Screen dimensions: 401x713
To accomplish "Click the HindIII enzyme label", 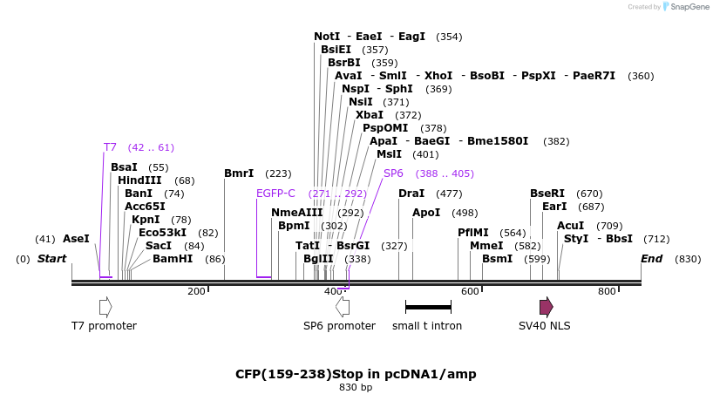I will [x=139, y=180].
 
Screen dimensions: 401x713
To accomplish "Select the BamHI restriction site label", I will [x=173, y=259].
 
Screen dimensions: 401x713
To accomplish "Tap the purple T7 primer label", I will [x=110, y=147].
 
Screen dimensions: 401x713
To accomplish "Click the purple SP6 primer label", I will [x=394, y=173].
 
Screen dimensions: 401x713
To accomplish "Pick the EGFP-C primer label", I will [x=275, y=194].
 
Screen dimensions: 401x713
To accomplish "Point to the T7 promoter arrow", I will [x=105, y=307].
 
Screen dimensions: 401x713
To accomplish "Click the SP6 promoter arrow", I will [x=343, y=307].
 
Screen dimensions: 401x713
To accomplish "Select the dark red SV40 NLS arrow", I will [x=547, y=307].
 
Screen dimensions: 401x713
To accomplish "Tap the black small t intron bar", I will [x=428, y=307].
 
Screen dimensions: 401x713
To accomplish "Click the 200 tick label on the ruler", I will [x=196, y=291].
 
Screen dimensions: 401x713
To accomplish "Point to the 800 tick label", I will [x=607, y=291].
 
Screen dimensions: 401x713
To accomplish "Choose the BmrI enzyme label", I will [x=239, y=173].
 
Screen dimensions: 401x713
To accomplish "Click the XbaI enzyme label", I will [x=370, y=115].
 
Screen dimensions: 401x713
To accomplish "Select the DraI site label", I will [x=411, y=194].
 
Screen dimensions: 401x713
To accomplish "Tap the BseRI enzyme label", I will [x=547, y=194].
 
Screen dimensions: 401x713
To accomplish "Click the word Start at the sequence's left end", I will [x=51, y=259].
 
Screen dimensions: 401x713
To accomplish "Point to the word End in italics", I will [x=652, y=259].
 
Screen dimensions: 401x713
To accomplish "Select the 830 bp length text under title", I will [x=356, y=388].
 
